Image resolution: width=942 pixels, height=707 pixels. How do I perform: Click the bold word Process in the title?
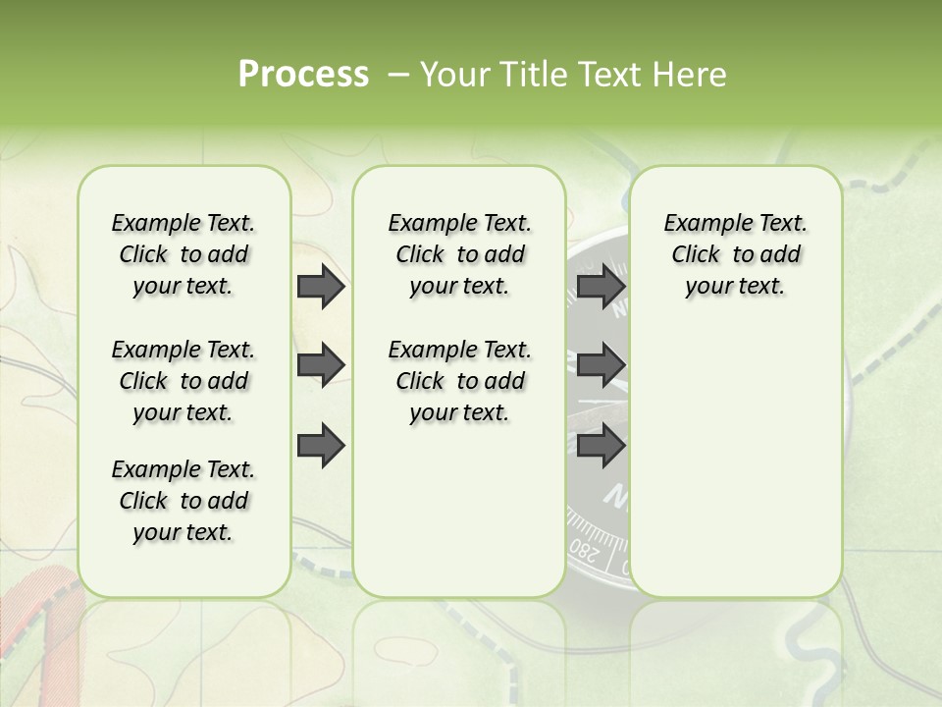coord(303,75)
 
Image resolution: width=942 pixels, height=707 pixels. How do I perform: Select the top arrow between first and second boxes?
coord(321,287)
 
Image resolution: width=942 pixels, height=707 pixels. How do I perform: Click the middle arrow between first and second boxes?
coord(321,365)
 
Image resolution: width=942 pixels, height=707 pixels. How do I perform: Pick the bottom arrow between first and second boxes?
coord(321,446)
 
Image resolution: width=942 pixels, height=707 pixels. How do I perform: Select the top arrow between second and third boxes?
coord(601,287)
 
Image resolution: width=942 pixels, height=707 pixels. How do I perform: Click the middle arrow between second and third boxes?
coord(601,365)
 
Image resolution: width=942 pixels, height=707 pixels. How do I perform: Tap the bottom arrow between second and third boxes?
coord(601,446)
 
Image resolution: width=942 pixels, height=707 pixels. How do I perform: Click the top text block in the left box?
coord(183,254)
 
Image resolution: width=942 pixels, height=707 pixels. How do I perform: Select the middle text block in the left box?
coord(183,381)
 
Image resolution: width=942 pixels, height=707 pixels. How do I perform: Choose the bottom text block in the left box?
coord(183,501)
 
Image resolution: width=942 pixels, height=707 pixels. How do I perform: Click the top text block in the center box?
coord(459,254)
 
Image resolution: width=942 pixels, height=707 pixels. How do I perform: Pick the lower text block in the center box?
coord(459,381)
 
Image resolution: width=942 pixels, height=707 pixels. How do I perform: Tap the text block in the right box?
coord(735,254)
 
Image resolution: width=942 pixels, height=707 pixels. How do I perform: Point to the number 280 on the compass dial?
coord(584,550)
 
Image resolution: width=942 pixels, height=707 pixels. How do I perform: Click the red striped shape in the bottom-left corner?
coord(34,628)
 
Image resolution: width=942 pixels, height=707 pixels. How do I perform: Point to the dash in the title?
coord(398,76)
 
